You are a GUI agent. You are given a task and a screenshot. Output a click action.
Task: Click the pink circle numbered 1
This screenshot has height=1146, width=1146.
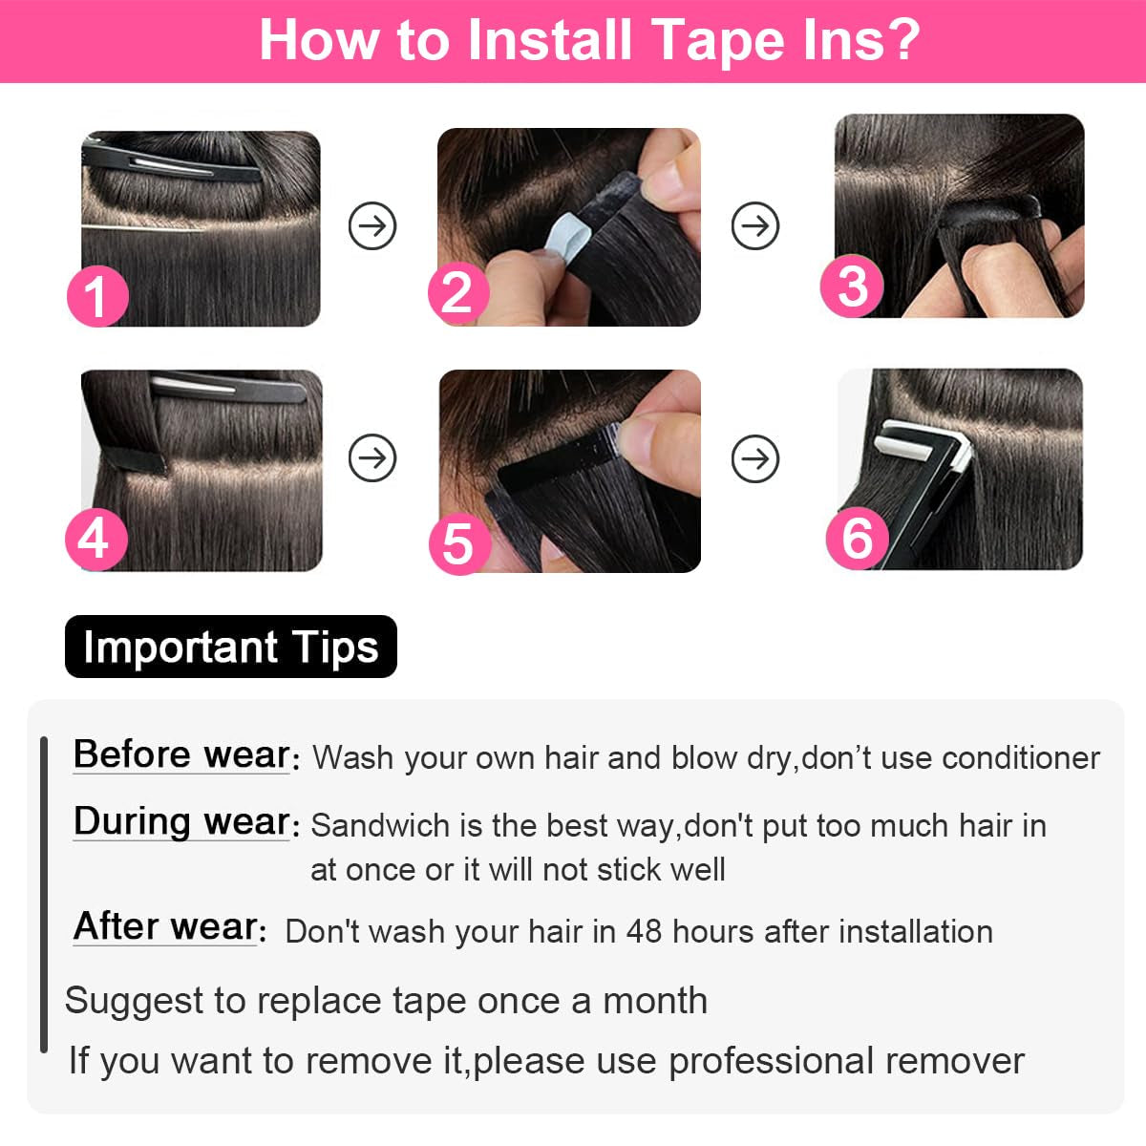(96, 296)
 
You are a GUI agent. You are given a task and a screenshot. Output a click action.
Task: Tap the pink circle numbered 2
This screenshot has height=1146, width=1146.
(457, 292)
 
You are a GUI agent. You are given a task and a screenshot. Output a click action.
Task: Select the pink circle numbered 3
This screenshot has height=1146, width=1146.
(852, 286)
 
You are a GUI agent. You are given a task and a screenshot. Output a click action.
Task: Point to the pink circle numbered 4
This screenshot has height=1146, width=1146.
(95, 540)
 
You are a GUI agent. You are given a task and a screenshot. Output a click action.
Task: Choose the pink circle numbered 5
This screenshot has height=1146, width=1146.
(458, 543)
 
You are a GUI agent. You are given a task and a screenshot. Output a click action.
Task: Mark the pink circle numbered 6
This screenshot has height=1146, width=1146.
(857, 538)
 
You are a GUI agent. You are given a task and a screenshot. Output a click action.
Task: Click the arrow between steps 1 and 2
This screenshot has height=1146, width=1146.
(372, 226)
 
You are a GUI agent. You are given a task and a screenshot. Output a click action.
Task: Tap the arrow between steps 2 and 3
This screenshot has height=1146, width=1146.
(755, 226)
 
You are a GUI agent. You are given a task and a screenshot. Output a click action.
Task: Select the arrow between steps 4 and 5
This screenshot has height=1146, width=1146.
(372, 458)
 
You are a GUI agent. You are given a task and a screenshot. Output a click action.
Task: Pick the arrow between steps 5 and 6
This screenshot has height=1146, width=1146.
(755, 458)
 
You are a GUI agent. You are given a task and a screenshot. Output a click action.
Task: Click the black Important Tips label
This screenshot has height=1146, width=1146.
(230, 647)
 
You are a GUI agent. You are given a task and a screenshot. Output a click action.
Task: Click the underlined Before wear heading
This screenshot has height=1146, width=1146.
(181, 754)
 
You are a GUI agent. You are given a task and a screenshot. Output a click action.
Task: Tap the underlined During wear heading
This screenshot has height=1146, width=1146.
(181, 821)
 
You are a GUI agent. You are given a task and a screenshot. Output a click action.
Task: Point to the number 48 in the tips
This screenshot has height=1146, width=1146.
(644, 931)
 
